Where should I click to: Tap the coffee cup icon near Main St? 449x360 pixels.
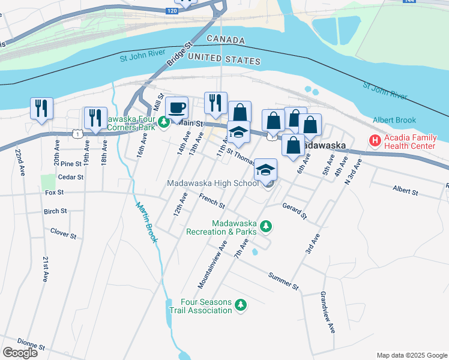tap(176, 108)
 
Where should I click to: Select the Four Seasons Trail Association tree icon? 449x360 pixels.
tap(241, 305)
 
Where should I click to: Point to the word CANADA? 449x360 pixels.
tap(226, 40)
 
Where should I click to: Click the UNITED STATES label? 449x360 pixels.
tap(224, 59)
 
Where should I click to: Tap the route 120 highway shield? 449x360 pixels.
tap(172, 11)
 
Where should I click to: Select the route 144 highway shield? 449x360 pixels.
tap(409, 2)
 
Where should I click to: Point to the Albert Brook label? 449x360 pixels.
tap(394, 121)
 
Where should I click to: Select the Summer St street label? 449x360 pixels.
tap(283, 280)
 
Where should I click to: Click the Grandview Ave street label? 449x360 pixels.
tap(327, 312)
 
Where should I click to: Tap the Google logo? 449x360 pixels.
tap(20, 353)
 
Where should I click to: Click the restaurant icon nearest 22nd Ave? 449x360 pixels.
tap(41, 109)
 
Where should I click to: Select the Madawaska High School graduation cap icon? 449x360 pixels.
tap(265, 170)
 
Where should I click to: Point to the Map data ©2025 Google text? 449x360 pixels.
tap(411, 355)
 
